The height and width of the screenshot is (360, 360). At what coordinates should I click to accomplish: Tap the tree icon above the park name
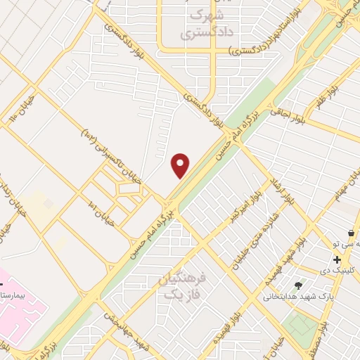pos(298,285)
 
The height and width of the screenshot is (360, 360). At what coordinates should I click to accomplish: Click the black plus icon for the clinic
pos(337,259)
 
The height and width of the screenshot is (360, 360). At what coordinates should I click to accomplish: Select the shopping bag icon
pos(350,232)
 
